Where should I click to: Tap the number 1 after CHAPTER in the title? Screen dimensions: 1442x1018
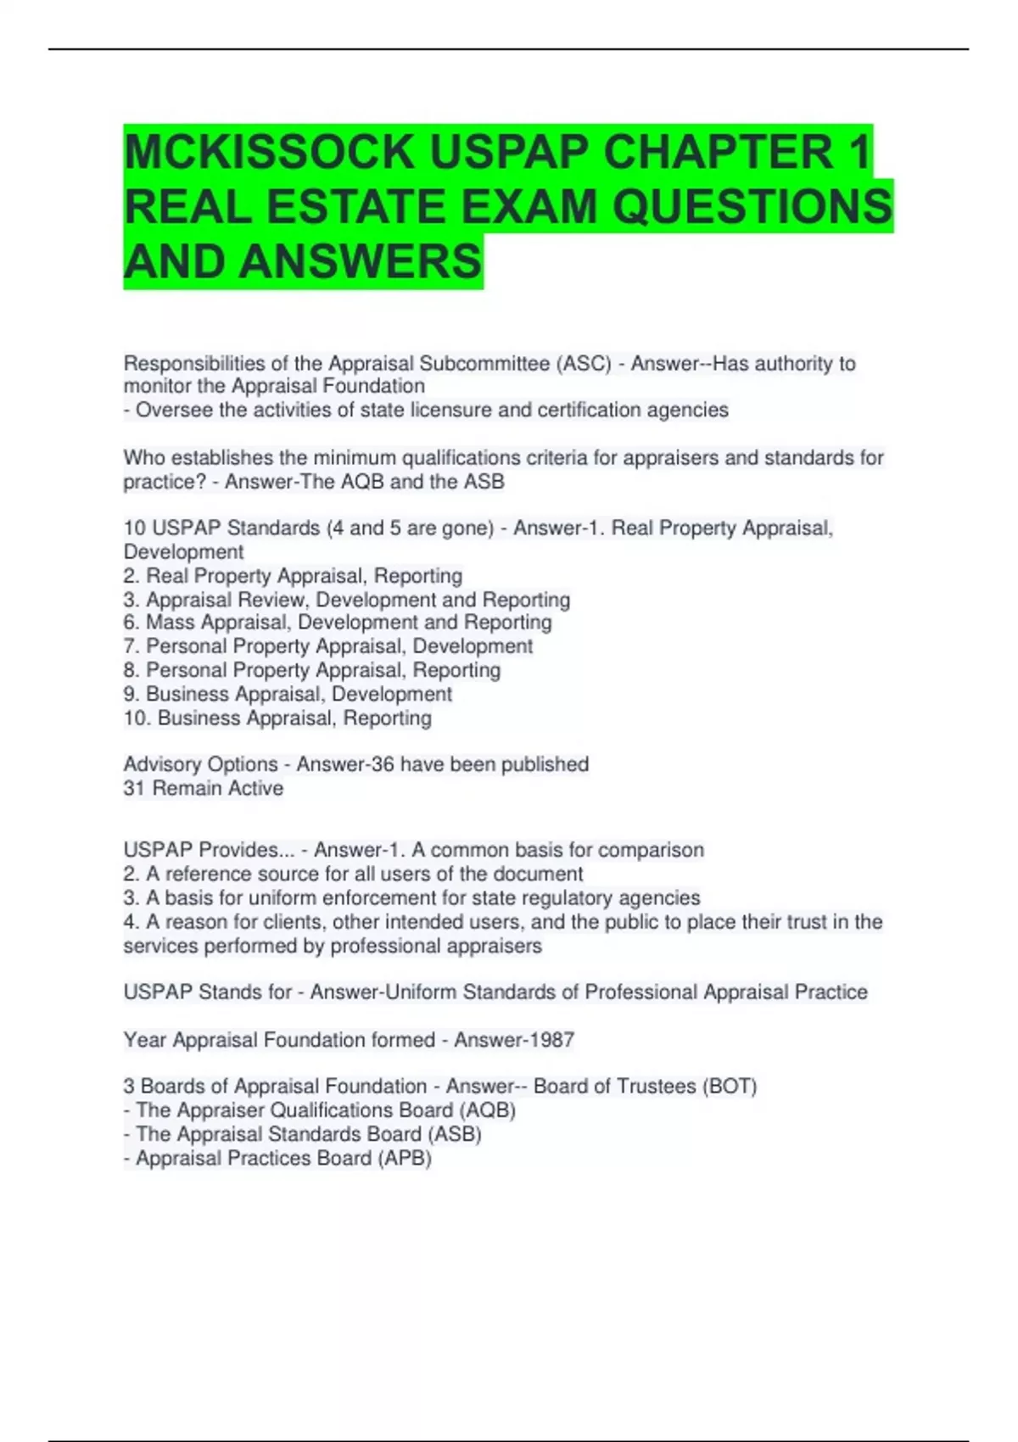pyautogui.click(x=859, y=153)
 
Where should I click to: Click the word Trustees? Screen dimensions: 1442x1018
pyautogui.click(x=656, y=1087)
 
